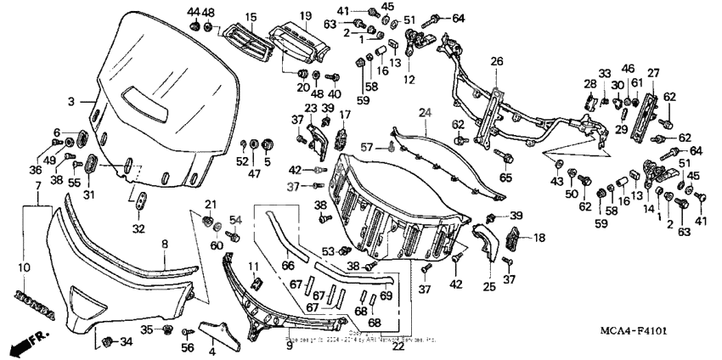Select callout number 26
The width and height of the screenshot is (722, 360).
click(x=497, y=60)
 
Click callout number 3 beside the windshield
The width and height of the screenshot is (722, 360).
click(x=71, y=101)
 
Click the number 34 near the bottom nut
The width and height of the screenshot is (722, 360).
click(x=126, y=342)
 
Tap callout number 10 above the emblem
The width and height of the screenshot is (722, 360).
click(x=24, y=267)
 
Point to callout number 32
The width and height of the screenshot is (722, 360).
click(x=139, y=228)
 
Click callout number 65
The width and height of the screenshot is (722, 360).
click(x=506, y=178)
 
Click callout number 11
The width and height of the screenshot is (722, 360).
click(x=252, y=268)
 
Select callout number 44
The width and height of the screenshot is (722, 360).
click(x=193, y=11)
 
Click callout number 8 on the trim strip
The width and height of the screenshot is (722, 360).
click(x=164, y=243)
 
